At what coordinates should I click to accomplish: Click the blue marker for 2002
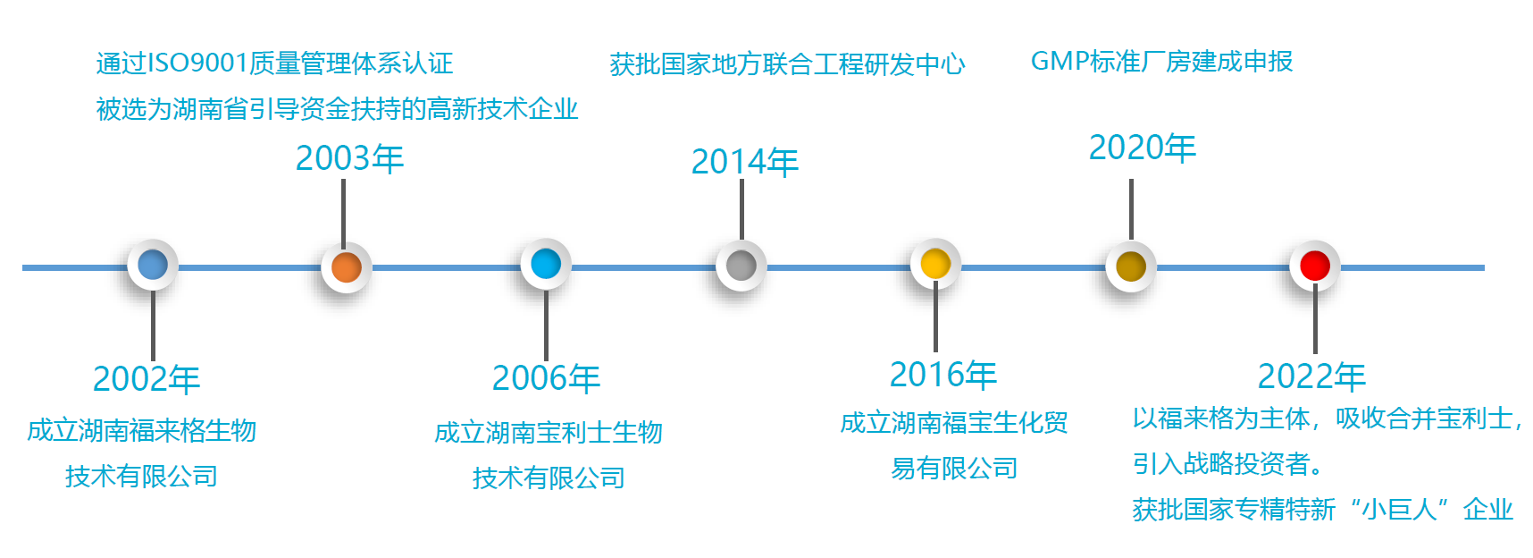153,266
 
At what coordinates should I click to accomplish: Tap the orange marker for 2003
346,267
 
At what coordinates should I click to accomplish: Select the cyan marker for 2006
546,265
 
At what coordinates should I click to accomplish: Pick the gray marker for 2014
741,266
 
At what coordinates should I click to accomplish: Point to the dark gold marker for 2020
1131,266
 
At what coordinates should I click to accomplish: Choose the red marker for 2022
1315,266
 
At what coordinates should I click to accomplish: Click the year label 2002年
147,379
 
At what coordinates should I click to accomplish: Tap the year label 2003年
349,158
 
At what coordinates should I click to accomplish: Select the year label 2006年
546,378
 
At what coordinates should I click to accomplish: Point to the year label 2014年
745,162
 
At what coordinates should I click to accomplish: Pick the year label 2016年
943,375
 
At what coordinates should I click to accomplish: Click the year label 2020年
1143,148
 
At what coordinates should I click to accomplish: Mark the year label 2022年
1311,376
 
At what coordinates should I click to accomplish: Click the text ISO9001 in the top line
197,63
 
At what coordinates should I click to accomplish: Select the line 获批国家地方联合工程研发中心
787,64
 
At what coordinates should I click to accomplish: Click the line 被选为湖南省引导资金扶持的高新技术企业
337,109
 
